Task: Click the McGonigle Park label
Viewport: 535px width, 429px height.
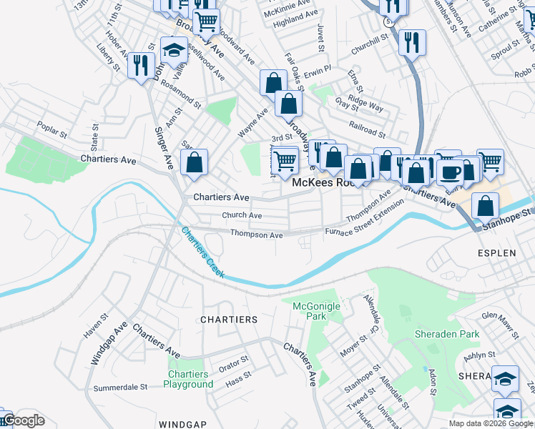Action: (318, 311)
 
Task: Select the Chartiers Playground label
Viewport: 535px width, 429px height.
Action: (189, 379)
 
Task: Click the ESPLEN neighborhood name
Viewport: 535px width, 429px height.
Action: (496, 253)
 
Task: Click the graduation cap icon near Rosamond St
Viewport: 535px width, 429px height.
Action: (174, 51)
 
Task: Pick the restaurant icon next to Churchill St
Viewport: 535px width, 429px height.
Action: (412, 42)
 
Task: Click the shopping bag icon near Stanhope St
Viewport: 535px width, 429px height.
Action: (485, 206)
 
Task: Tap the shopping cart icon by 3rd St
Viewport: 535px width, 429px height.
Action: (285, 159)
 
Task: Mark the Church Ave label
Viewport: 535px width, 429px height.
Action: (241, 215)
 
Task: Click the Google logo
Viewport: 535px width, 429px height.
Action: (24, 420)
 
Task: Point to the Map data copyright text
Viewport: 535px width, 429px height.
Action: (490, 423)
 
